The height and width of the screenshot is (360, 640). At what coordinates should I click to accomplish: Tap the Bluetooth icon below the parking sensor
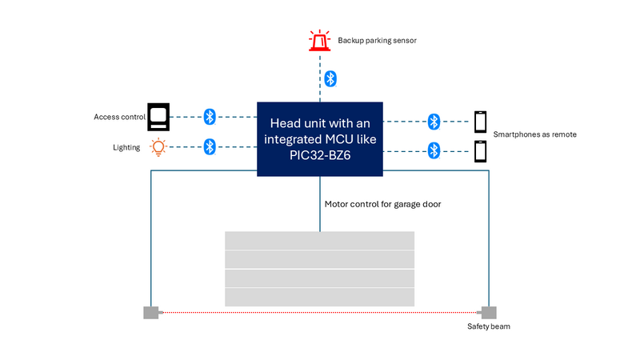coord(330,78)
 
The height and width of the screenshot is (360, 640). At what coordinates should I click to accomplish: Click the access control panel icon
coord(158,117)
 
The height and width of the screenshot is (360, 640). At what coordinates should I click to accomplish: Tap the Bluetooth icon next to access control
coord(210,117)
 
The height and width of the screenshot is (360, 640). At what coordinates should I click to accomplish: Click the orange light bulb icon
coord(158,147)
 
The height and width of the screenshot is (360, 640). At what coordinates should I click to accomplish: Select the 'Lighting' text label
coord(127,147)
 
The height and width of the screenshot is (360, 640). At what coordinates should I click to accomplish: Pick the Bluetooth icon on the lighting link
coord(210,146)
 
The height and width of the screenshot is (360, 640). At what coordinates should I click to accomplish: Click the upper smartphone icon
coord(481,122)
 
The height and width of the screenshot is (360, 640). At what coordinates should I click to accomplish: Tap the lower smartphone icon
coord(481,150)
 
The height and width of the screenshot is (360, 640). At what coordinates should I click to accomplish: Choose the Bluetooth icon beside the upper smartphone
coord(434,122)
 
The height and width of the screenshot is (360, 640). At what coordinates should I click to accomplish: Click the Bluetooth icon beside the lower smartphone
coord(434,150)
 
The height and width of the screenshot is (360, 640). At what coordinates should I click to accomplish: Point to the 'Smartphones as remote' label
coord(534,134)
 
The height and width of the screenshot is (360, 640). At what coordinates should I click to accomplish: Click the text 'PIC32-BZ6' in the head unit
coord(320,157)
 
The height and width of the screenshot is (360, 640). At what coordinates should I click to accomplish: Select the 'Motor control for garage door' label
coord(382,204)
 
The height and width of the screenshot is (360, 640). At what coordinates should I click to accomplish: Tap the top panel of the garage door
coord(320,240)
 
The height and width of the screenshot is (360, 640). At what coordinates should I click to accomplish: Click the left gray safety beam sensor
coord(150,312)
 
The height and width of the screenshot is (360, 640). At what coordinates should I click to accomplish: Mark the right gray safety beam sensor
coord(488,312)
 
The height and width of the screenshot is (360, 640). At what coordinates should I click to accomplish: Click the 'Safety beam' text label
coord(488,326)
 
